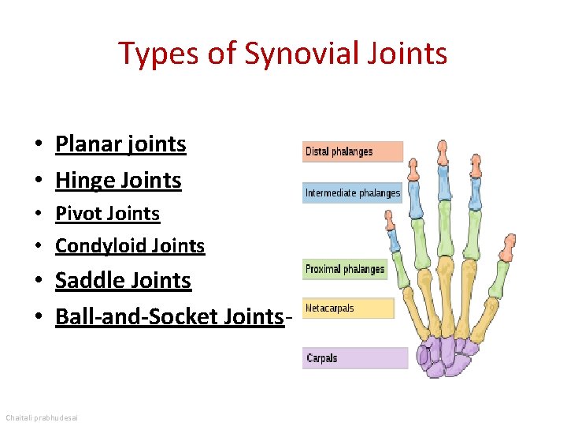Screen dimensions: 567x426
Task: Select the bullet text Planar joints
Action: click(x=120, y=144)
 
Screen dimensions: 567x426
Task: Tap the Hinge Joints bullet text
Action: click(x=118, y=181)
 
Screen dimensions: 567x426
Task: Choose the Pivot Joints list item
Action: click(x=107, y=214)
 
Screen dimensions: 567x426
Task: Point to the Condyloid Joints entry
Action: click(x=130, y=247)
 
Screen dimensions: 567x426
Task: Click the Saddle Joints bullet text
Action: click(x=123, y=281)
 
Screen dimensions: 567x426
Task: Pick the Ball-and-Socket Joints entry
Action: click(x=169, y=317)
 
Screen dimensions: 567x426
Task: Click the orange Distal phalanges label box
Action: click(x=352, y=151)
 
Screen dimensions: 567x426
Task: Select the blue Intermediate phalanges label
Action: click(x=352, y=192)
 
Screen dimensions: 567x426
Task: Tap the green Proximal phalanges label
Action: click(x=345, y=269)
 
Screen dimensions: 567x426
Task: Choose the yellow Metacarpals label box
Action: click(x=347, y=308)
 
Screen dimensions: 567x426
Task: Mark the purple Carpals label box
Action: click(x=355, y=358)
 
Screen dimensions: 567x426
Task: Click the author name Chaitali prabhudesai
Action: click(x=46, y=416)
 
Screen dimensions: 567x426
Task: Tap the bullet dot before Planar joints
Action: click(x=38, y=145)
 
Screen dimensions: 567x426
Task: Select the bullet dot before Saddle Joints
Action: click(x=38, y=282)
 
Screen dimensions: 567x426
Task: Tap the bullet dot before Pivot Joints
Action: click(x=38, y=215)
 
